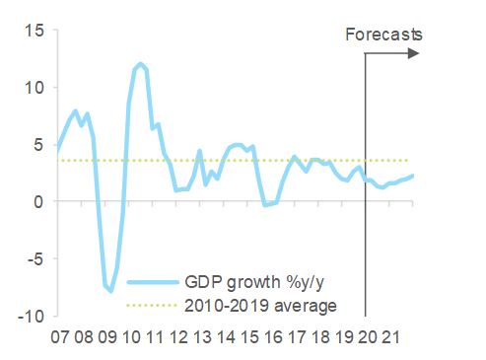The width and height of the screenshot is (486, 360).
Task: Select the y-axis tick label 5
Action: coord(37,145)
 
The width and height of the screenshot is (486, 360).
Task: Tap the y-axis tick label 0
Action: coord(37,202)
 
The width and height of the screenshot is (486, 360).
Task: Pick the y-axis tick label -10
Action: coord(30,317)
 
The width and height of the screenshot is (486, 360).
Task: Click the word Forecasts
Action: coord(383,36)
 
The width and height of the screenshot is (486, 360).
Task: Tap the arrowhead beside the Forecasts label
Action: coord(413,52)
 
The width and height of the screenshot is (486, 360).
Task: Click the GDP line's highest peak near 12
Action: coord(141,64)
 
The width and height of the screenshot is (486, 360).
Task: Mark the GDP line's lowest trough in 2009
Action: coord(110,291)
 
